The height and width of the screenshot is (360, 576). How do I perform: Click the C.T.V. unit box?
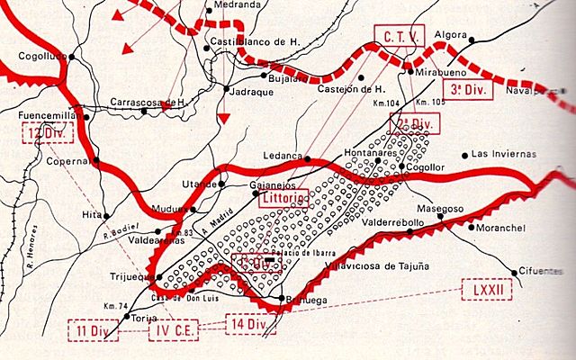(x=398, y=37)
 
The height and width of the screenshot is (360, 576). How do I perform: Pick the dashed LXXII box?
(x=486, y=290)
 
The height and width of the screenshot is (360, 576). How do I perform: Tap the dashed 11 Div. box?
(x=93, y=329)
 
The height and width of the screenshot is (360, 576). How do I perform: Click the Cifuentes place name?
(x=538, y=270)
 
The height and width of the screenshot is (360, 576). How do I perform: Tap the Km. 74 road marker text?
(x=114, y=307)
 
